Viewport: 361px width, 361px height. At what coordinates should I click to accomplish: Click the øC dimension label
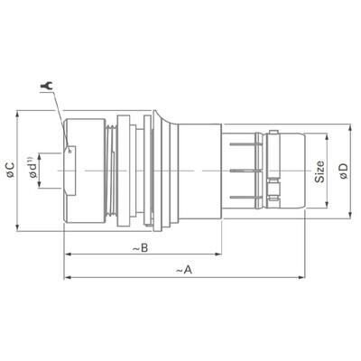coord(9,170)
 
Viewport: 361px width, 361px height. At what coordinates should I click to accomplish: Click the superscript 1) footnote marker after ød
coord(42,161)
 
